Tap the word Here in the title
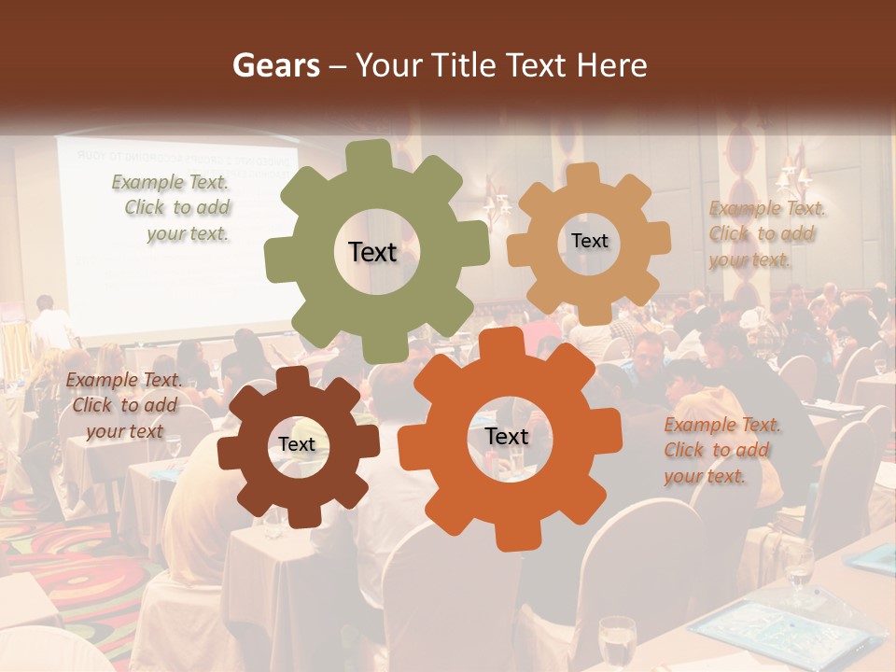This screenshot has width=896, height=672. pyautogui.click(x=612, y=65)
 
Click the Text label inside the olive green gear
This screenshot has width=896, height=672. pyautogui.click(x=372, y=252)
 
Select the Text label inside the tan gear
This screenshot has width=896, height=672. pyautogui.click(x=589, y=241)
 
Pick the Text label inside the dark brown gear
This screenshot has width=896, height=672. pyautogui.click(x=297, y=445)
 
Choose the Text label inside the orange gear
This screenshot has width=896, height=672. pyautogui.click(x=506, y=437)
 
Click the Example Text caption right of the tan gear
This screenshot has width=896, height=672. pyautogui.click(x=766, y=234)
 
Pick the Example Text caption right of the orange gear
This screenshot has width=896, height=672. pyautogui.click(x=721, y=451)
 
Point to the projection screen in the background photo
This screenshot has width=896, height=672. pyautogui.click(x=168, y=233)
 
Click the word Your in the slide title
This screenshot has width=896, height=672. pyautogui.click(x=390, y=66)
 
